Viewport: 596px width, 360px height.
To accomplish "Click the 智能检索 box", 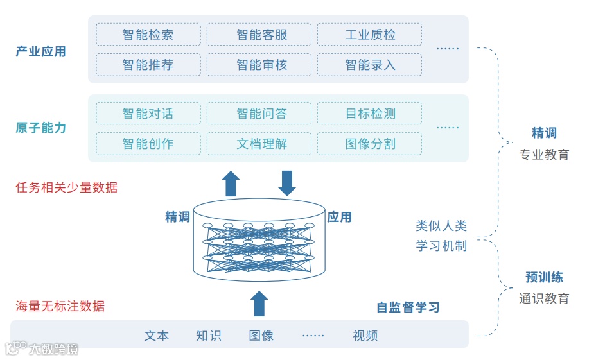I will pos(148,35).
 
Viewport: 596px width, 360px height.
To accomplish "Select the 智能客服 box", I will pos(259,35).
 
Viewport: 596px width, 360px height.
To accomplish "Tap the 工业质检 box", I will pos(369,35).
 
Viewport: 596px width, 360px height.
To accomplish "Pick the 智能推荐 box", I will pos(148,65).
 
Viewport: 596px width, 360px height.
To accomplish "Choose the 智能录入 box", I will pos(369,65).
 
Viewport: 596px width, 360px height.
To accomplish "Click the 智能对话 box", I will pos(148,114).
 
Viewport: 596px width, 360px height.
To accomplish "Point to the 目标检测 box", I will pos(369,114).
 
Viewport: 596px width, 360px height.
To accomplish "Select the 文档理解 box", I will pos(259,144).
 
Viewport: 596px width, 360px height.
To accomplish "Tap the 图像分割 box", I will pos(369,144).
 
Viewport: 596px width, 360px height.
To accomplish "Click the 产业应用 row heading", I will pos(40,51).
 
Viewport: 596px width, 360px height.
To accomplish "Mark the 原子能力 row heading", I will pos(40,128).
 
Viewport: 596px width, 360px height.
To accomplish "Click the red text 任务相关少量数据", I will pos(67,187).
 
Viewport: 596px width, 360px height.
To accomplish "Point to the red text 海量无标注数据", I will pos(60,306).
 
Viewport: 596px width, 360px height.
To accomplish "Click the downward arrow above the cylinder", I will pos(287,183).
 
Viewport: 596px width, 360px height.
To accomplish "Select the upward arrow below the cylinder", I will pos(259,304).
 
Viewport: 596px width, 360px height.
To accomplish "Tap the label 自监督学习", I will pos(408,307).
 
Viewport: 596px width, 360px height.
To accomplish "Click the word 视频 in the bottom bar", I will pos(365,336).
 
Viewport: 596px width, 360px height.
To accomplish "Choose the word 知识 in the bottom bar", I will pos(208,336).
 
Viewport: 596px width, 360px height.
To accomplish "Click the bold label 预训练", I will pos(544,278).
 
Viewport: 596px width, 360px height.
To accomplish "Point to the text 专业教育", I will pos(544,155).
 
